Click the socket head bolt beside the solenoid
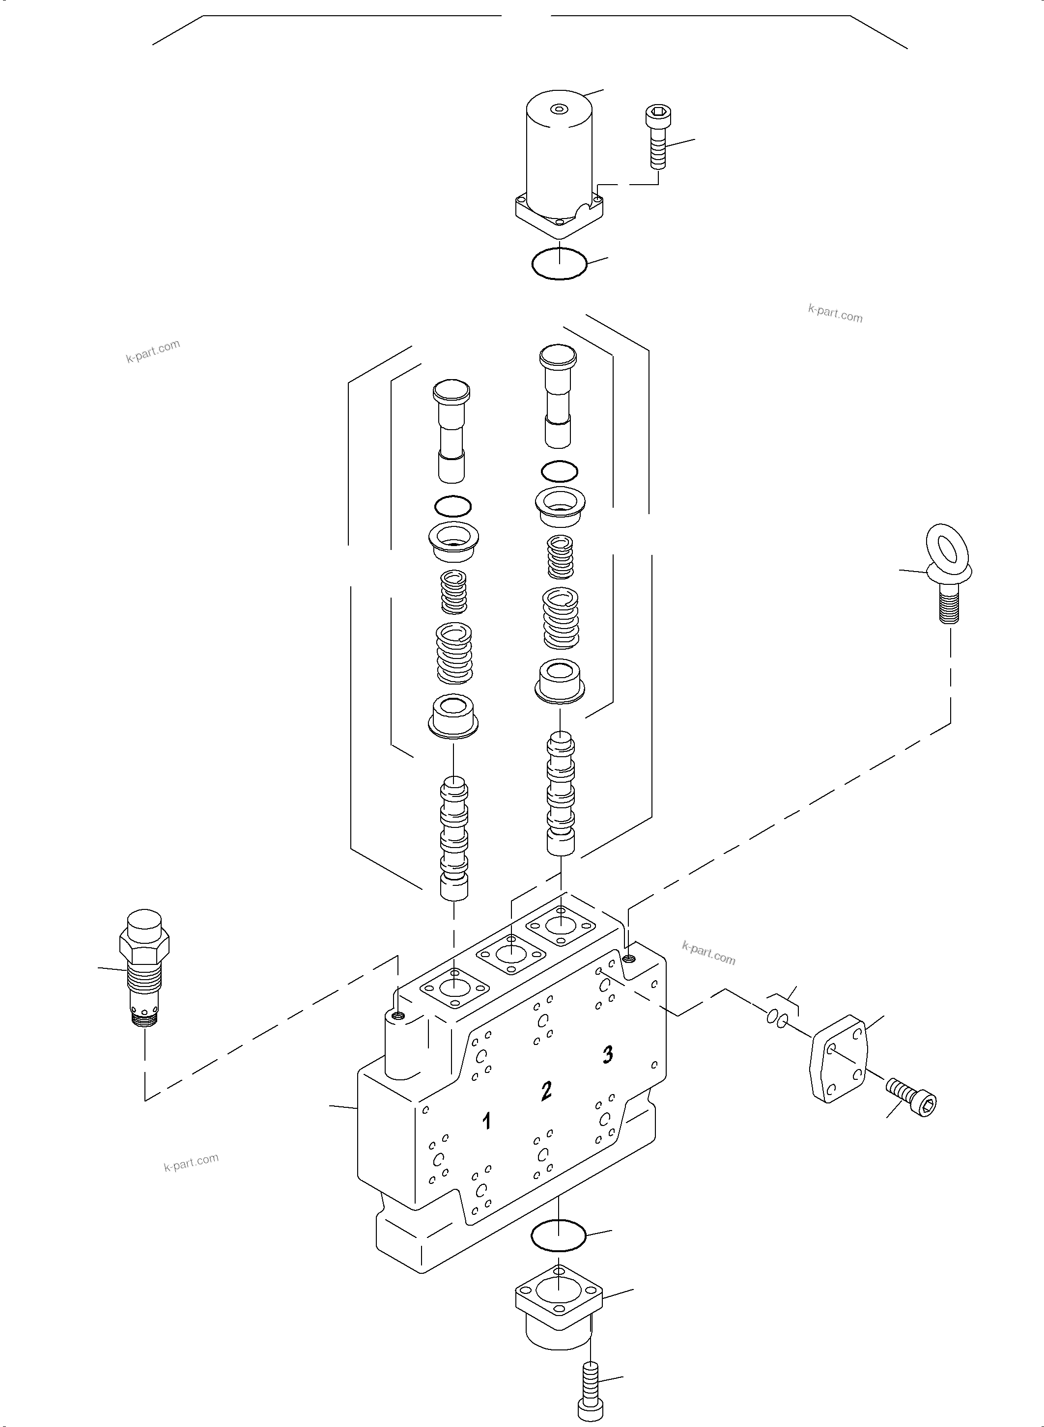pyautogui.click(x=658, y=136)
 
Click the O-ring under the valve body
pyautogui.click(x=559, y=1235)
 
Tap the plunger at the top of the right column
pyautogui.click(x=558, y=392)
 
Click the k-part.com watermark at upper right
pyautogui.click(x=835, y=313)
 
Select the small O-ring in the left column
pyautogui.click(x=453, y=505)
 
